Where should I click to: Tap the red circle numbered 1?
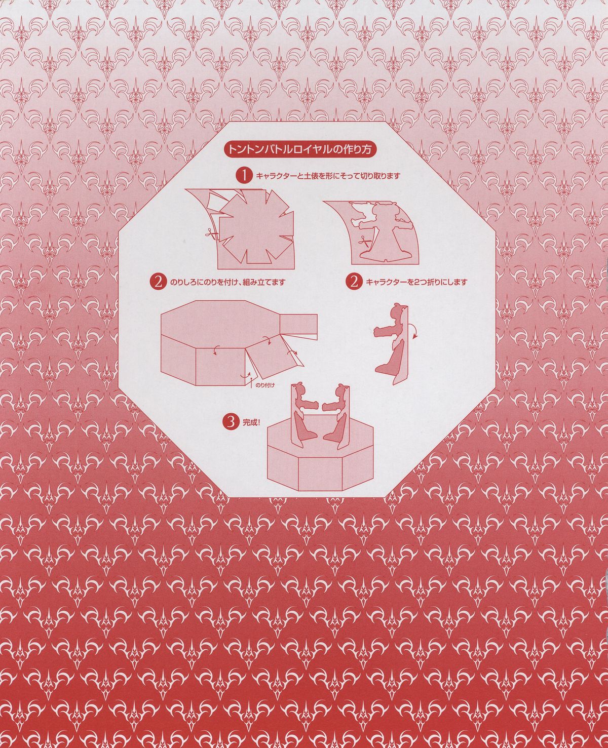[244, 176]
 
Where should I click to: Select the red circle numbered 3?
[231, 422]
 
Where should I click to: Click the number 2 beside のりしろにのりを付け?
[158, 282]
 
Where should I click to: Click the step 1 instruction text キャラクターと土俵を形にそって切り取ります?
[328, 176]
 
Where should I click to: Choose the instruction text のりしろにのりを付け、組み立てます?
[228, 282]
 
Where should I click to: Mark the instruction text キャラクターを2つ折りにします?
[416, 282]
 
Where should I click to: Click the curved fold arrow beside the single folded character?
[414, 332]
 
